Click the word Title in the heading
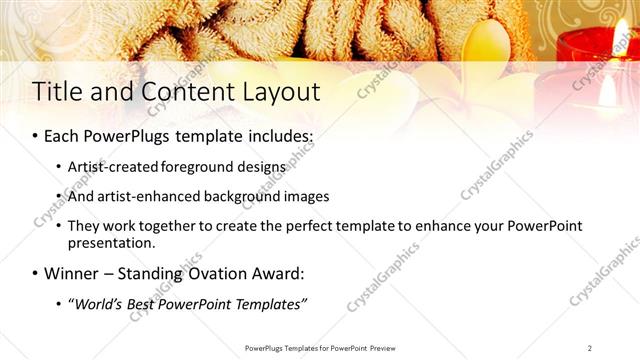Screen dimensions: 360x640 click(57, 92)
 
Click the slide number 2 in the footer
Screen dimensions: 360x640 click(590, 348)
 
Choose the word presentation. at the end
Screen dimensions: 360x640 click(111, 242)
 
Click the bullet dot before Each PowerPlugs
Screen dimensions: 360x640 click(36, 135)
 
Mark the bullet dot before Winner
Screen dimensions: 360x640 click(36, 272)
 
